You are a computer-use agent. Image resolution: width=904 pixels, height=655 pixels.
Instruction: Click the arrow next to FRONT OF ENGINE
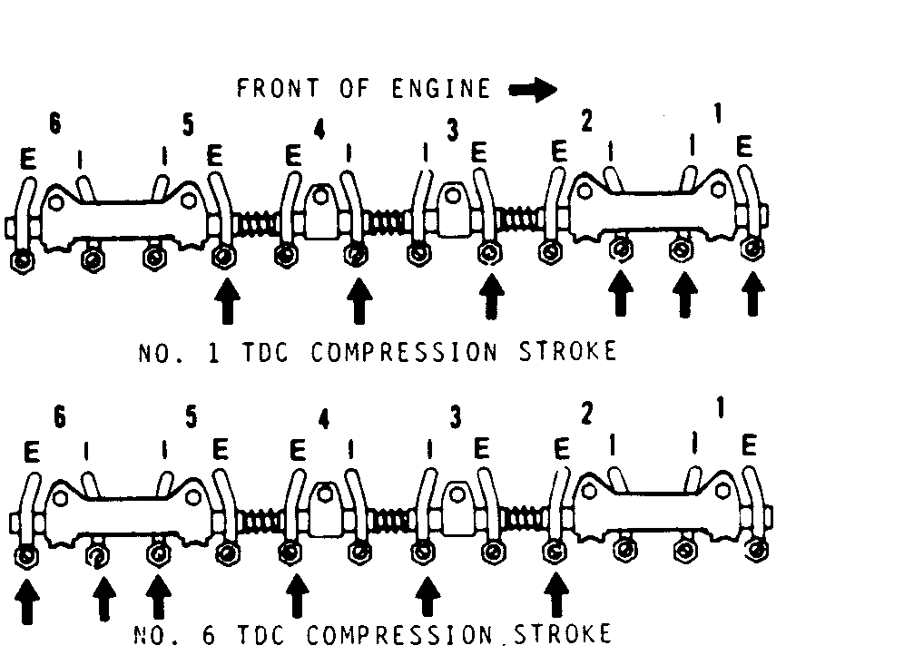tap(533, 89)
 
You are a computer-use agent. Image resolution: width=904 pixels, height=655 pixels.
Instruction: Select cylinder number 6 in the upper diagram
tap(55, 125)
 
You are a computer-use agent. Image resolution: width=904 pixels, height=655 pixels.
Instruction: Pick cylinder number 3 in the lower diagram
tap(456, 416)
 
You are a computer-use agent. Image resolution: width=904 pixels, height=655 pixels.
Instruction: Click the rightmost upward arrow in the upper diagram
tap(752, 296)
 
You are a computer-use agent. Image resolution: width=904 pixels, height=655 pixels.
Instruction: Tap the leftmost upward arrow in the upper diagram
tap(226, 301)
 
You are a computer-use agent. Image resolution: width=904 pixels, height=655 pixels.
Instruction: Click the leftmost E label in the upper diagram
tap(28, 160)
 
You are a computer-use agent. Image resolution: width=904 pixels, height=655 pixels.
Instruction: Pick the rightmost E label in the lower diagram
tap(749, 445)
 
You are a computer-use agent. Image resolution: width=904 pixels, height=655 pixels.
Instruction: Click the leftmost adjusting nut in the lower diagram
tap(26, 555)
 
